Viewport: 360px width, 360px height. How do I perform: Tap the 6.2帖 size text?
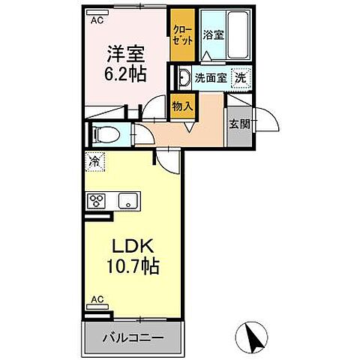[x=124, y=75]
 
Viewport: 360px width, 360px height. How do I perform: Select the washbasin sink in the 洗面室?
[x=184, y=76]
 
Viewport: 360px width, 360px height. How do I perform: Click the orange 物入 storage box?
[x=181, y=106]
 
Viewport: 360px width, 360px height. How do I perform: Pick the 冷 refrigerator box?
[x=94, y=161]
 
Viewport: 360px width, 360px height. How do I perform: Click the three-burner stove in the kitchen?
[x=97, y=200]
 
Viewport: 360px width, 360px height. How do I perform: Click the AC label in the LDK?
[x=96, y=299]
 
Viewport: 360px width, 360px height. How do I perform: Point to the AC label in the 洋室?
[x=96, y=20]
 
